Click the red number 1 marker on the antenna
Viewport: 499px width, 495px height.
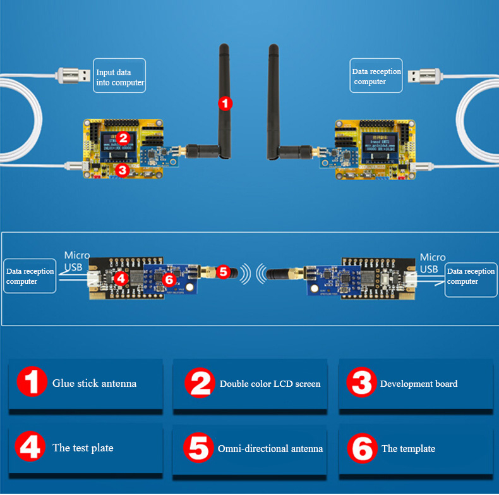(225, 102)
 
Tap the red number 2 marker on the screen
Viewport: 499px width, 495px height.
(123, 137)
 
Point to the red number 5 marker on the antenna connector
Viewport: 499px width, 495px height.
(222, 272)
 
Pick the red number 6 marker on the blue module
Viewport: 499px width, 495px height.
(168, 279)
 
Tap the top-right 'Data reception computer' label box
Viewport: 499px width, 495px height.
(376, 76)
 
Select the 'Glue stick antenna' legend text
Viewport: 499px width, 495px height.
(94, 383)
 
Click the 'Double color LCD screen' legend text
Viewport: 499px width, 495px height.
(270, 384)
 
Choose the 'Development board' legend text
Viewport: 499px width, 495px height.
(419, 384)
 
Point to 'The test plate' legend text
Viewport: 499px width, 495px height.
(83, 448)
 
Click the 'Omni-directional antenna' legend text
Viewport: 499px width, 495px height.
(270, 448)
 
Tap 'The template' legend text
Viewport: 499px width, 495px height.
(408, 448)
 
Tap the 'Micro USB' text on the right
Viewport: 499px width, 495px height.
(433, 263)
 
